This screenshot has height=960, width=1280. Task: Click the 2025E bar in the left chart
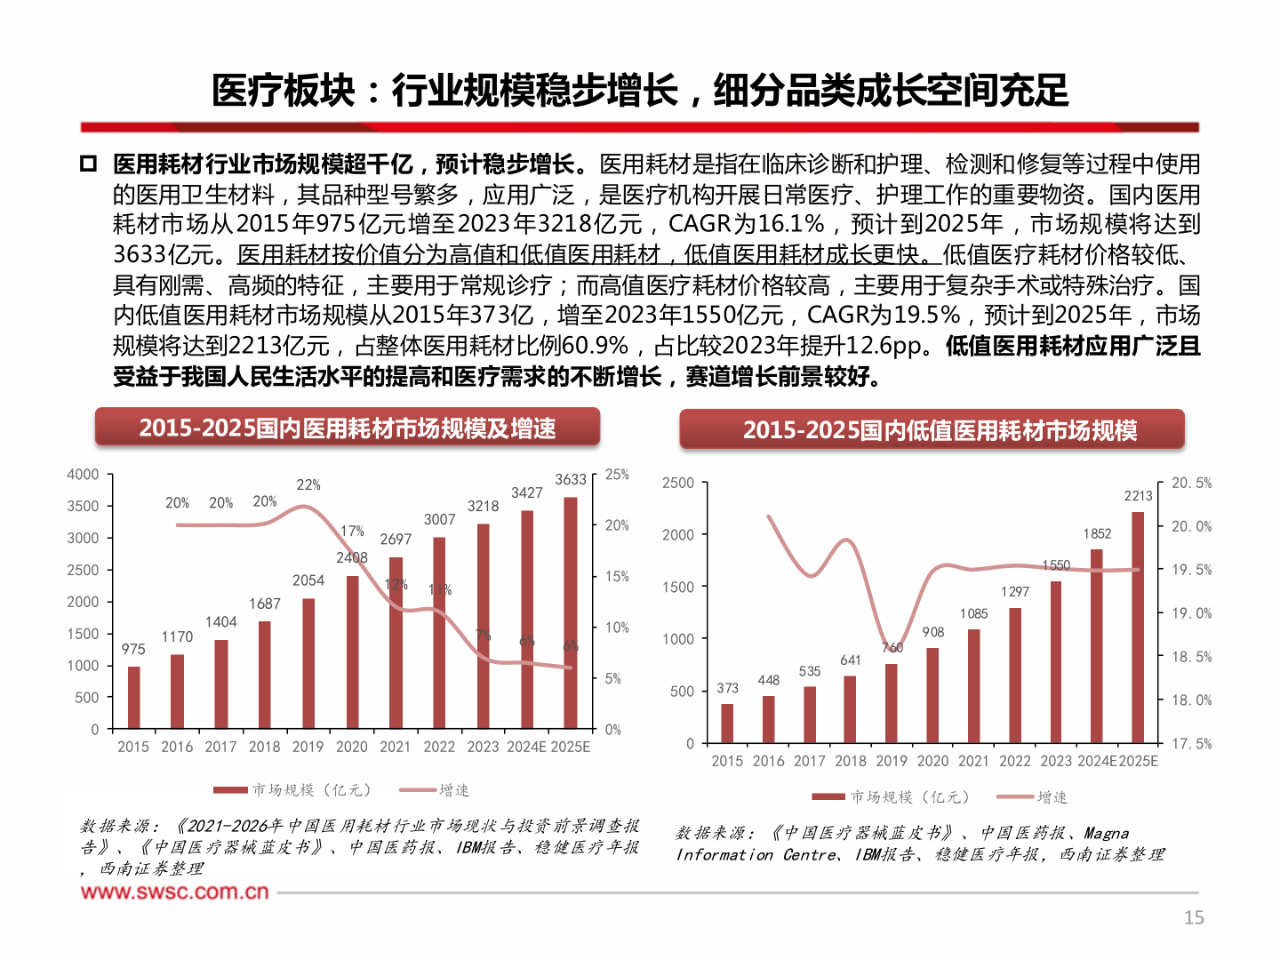[x=571, y=613]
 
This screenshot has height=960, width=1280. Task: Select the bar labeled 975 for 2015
[x=134, y=698]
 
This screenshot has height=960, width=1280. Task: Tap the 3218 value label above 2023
[x=483, y=507]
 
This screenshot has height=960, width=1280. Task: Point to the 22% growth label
[x=308, y=484]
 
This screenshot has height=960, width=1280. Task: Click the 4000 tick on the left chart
[x=83, y=475]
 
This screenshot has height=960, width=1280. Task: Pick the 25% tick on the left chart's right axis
[x=617, y=475]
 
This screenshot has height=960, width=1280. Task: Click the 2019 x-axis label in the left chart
[x=308, y=747]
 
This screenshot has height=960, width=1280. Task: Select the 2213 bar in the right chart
[x=1138, y=627]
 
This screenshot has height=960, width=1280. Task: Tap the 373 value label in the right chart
[x=727, y=688]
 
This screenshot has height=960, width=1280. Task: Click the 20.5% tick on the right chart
[x=1191, y=483]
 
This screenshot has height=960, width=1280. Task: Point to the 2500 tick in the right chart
[x=678, y=483]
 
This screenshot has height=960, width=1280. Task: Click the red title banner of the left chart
[x=348, y=428]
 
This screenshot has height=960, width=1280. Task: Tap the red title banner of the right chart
[x=932, y=430]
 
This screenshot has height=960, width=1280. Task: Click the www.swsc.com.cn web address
[x=174, y=892]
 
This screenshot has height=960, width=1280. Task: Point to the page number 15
[x=1194, y=917]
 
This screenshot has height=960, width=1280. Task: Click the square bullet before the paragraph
[x=88, y=164]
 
